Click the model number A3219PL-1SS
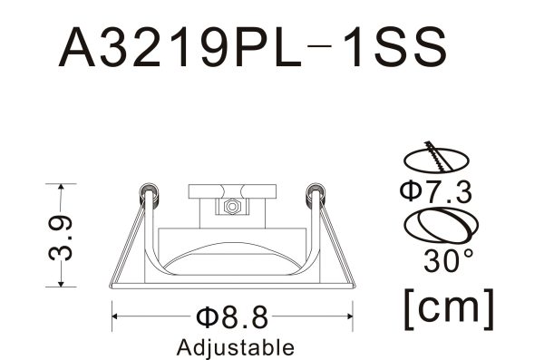[x=253, y=47]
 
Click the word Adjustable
[x=236, y=346]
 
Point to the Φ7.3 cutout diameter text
[x=435, y=192]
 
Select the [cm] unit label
[x=450, y=308]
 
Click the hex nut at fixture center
[x=231, y=208]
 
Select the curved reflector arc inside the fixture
[x=231, y=250]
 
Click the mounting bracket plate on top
[x=231, y=192]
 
